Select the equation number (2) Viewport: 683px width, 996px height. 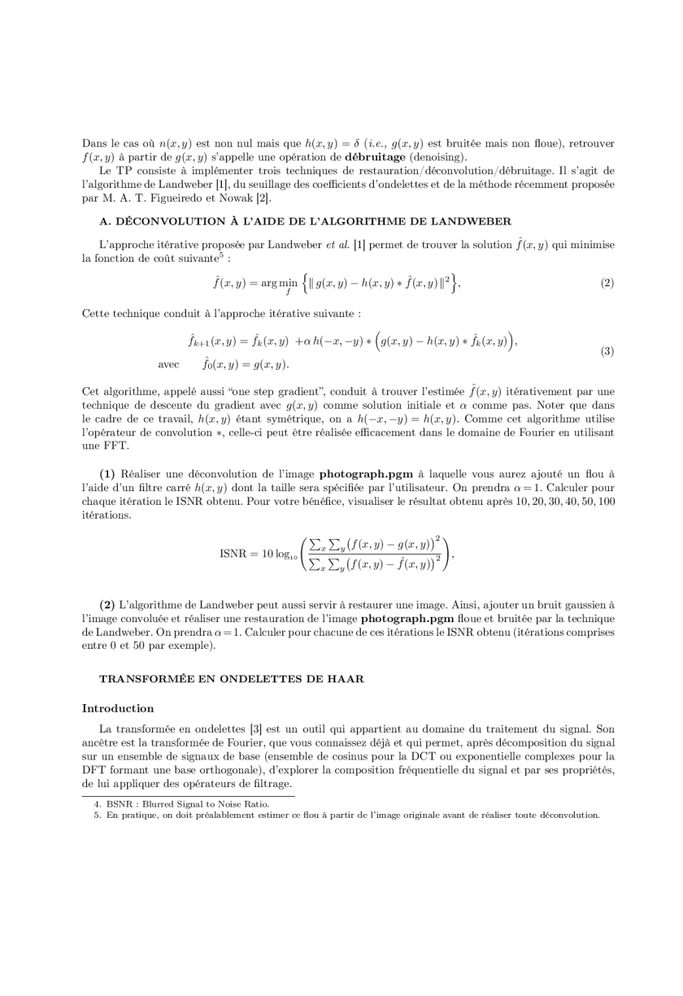pyautogui.click(x=607, y=283)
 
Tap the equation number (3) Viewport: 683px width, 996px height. pyautogui.click(x=607, y=351)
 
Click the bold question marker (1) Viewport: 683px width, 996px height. pyautogui.click(x=107, y=473)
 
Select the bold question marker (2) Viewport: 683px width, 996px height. pyautogui.click(x=107, y=605)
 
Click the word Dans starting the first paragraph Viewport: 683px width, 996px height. pyautogui.click(x=94, y=143)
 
